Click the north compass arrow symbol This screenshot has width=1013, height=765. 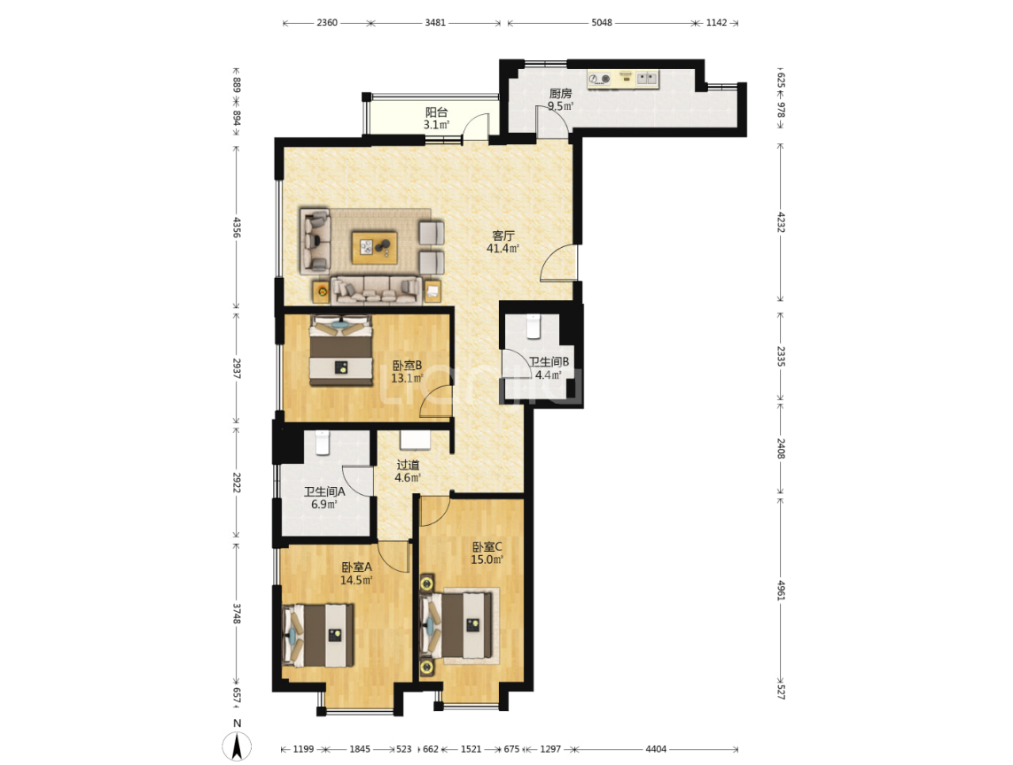(238, 747)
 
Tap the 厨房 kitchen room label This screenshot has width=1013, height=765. (560, 94)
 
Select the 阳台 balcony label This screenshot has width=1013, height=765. (437, 112)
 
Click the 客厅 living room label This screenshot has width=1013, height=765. (503, 236)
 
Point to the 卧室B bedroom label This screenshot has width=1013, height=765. (407, 366)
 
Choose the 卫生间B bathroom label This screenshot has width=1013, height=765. (549, 361)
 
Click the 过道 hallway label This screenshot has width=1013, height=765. (408, 465)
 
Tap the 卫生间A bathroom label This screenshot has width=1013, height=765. (324, 491)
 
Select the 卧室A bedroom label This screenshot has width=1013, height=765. (356, 567)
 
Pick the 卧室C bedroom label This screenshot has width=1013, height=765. (487, 547)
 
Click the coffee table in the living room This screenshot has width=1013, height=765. (375, 247)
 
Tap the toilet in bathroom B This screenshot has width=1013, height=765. (534, 327)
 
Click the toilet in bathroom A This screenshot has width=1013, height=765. (323, 443)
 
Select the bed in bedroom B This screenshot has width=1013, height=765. (341, 351)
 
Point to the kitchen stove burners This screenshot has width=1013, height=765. (600, 80)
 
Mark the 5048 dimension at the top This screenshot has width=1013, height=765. (602, 23)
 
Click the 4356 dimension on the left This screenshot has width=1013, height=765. (237, 228)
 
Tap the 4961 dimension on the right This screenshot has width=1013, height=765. (781, 590)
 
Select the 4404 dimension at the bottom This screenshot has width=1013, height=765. (656, 749)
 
